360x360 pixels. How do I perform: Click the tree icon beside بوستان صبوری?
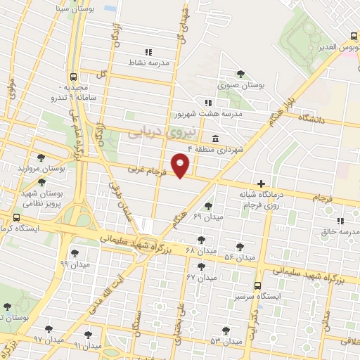coord(240,74)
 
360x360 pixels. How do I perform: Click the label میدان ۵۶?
coord(238,257)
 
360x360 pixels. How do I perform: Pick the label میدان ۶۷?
coord(200,277)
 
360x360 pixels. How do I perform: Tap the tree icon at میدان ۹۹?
coord(75,253)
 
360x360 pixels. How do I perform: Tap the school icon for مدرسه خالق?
coord(340,221)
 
